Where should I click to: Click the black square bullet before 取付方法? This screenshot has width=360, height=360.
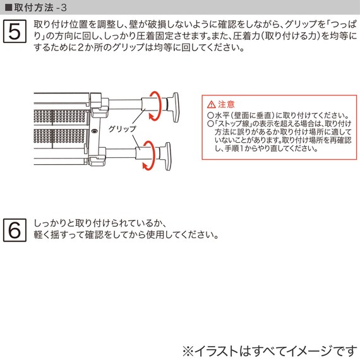8,7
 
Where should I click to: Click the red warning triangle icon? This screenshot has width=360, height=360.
212,104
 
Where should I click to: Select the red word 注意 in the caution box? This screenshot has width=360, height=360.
226,104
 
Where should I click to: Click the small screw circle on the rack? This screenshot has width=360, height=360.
95,131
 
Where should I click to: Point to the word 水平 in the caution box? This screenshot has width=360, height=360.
221,116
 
